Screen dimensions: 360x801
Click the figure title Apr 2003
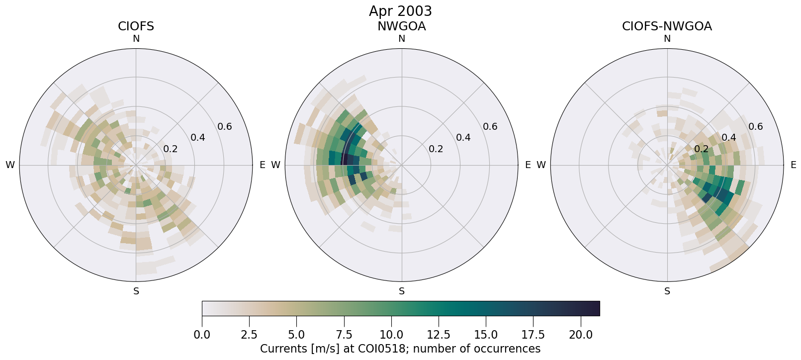pos(400,11)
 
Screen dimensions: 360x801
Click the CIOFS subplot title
pos(136,26)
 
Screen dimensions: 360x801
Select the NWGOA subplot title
pos(401,26)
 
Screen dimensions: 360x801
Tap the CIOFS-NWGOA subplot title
pos(667,26)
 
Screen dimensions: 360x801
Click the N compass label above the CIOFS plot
pos(136,39)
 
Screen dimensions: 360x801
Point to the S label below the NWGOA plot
pos(402,291)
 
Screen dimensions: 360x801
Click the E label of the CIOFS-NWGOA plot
pos(793,165)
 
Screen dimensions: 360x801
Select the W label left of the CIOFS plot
pos(10,165)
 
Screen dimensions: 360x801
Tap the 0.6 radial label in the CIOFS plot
pos(225,127)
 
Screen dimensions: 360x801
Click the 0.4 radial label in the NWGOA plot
pos(463,138)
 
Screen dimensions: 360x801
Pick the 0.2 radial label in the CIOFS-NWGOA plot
pos(702,149)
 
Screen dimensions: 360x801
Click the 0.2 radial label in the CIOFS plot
pos(171,149)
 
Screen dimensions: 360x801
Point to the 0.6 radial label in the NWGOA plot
pos(490,127)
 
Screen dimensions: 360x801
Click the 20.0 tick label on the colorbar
pos(580,335)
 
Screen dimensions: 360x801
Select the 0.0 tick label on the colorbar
pos(202,335)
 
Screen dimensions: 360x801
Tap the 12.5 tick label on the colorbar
pos(439,335)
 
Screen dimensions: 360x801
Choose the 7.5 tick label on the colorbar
pos(344,335)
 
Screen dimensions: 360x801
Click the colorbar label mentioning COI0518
pos(400,349)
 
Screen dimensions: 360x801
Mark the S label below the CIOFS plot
pos(136,291)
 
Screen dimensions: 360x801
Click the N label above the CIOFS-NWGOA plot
pos(667,39)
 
